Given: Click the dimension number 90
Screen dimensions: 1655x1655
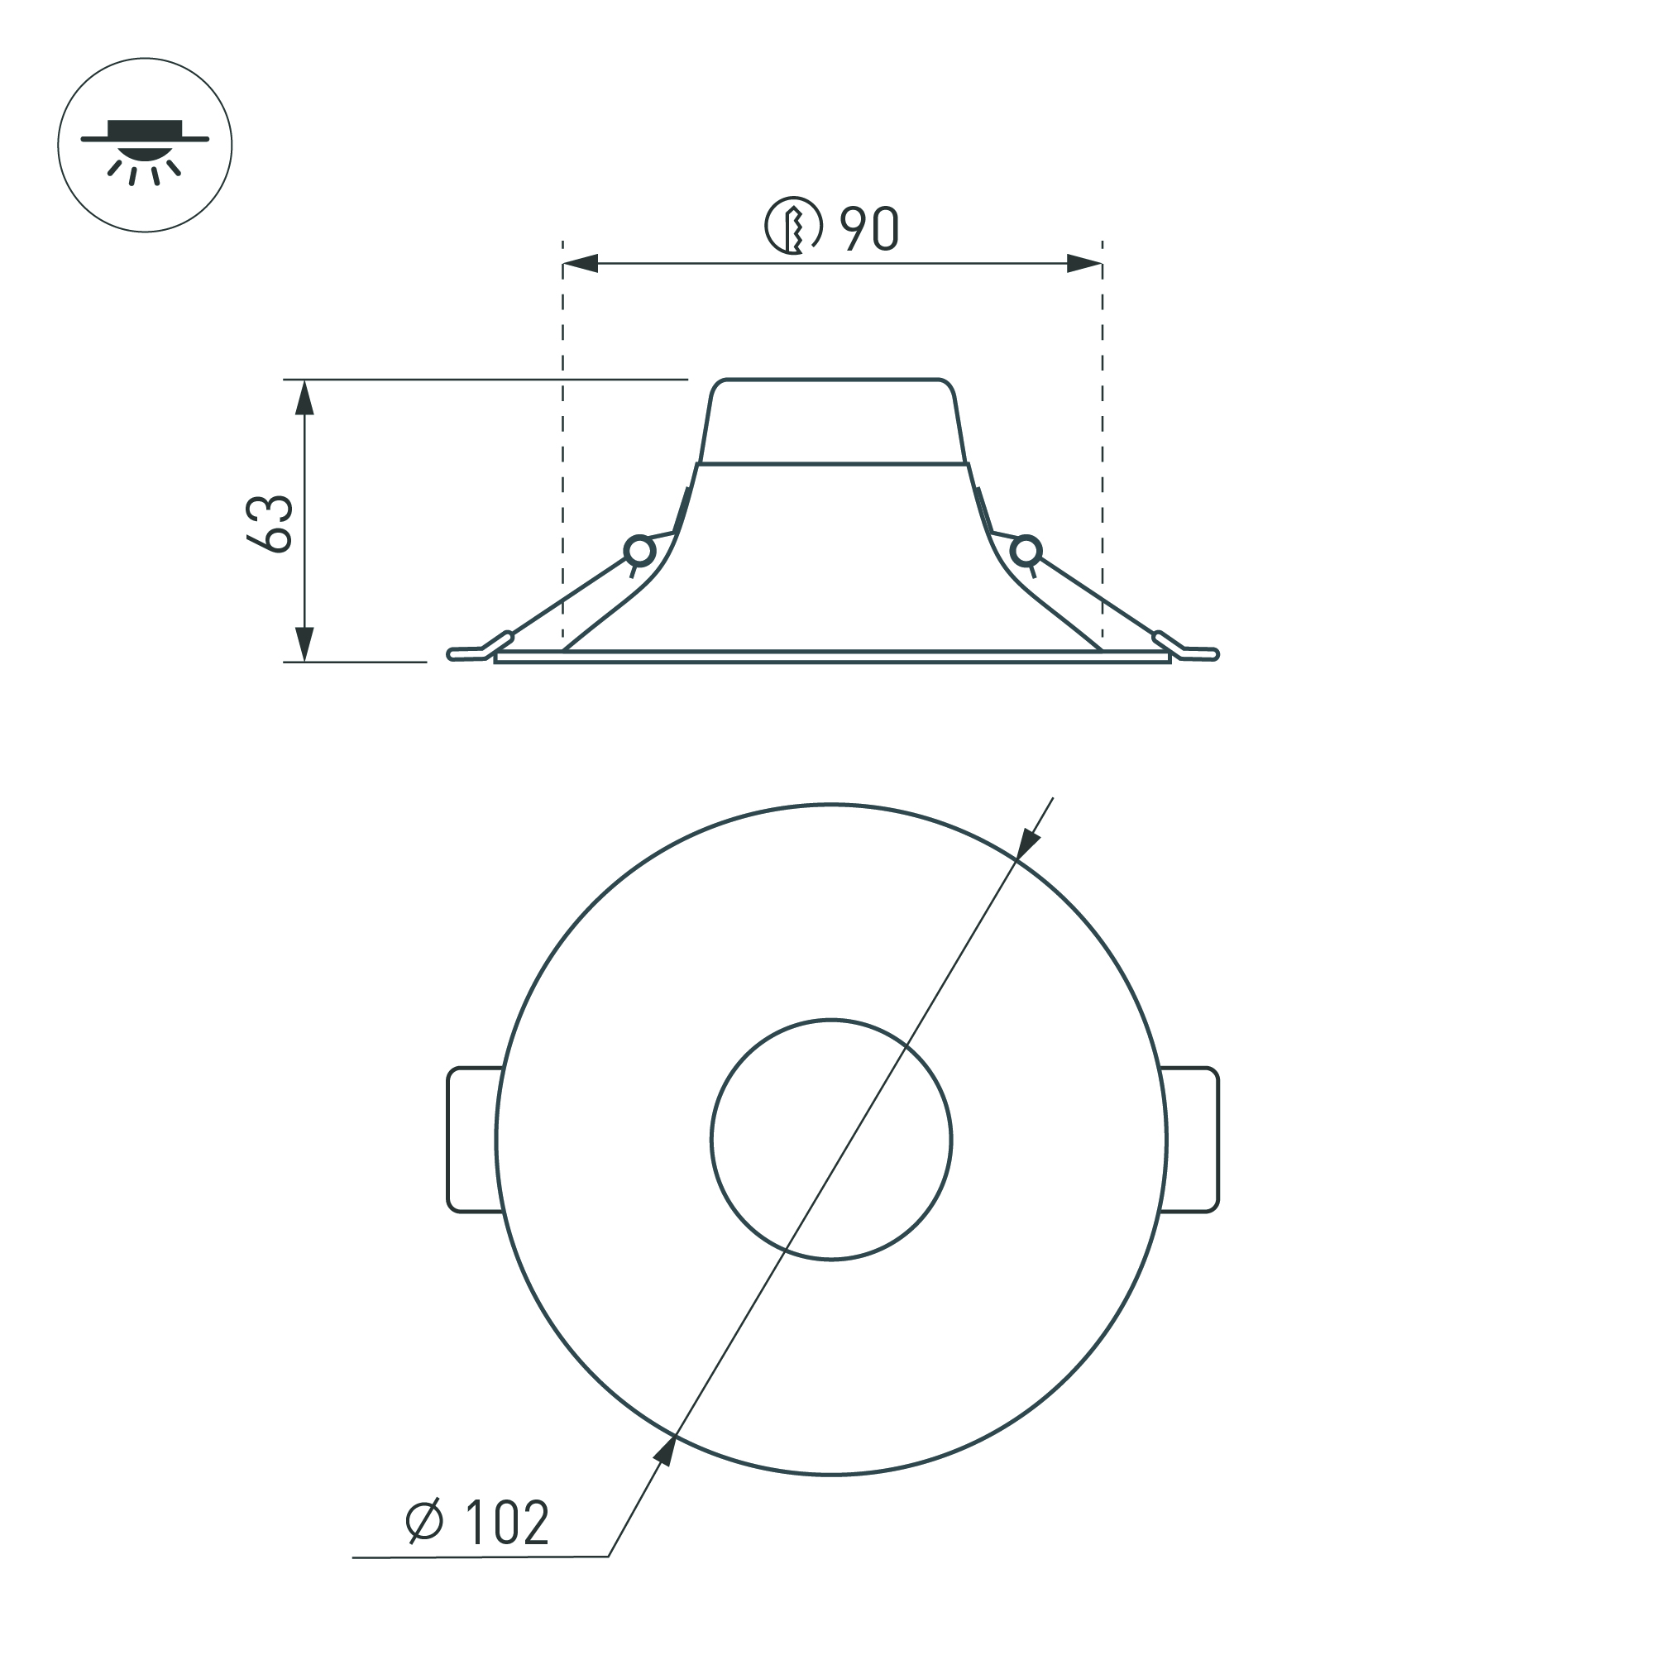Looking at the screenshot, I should point(868,229).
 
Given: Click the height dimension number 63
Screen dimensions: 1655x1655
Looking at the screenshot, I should point(270,523).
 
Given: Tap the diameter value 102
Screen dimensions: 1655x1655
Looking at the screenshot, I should point(506,1522).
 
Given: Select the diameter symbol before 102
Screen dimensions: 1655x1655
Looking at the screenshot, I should point(425,1521).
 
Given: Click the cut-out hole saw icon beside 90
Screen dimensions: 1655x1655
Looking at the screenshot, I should point(793,226).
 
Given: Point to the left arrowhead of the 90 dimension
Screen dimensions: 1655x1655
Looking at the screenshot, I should point(580,264).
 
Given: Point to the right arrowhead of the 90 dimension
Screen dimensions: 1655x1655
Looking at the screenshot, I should point(1084,264).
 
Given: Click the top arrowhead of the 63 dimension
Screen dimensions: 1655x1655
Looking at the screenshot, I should point(304,398).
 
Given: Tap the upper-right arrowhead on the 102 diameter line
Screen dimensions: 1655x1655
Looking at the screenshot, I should point(1027,845).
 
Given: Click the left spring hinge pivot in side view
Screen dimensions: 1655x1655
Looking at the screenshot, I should point(639,550).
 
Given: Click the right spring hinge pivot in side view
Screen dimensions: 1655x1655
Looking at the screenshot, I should point(1026,550).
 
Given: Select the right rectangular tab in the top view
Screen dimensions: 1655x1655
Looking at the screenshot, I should point(1191,1141).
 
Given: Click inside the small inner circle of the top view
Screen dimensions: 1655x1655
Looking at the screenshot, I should point(831,1141).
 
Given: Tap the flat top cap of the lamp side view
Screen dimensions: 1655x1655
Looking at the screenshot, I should point(832,420).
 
